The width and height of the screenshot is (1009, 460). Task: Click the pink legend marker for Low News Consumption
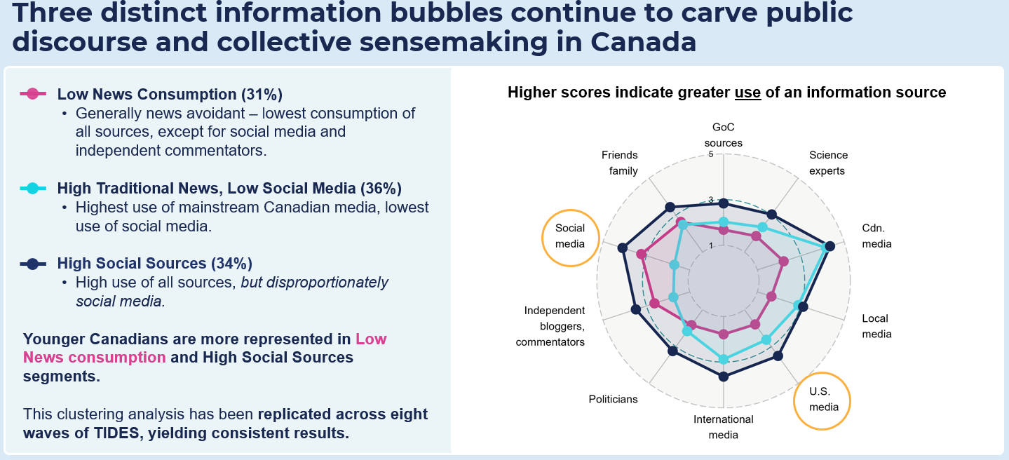tap(32, 93)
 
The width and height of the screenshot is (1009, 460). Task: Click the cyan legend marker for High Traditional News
tap(32, 188)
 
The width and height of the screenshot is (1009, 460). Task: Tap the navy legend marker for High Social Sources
tap(32, 264)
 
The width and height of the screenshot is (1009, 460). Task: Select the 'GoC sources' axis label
tap(723, 135)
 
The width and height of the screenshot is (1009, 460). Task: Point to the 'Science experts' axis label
tap(828, 163)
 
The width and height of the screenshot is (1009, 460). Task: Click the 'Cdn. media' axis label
tap(876, 236)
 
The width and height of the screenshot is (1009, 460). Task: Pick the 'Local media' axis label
tap(876, 326)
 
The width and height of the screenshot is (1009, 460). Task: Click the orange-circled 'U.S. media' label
tap(821, 400)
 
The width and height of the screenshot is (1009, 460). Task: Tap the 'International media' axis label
tap(723, 427)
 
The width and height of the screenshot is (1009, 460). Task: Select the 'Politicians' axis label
tap(613, 399)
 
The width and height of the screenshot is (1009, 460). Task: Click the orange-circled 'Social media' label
tap(570, 236)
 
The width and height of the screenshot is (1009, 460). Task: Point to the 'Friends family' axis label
tap(619, 163)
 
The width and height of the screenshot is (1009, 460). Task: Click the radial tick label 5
tap(712, 154)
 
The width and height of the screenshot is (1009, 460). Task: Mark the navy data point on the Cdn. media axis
tap(829, 246)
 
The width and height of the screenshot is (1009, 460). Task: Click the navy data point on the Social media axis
tap(622, 248)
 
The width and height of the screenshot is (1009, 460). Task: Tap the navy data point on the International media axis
tap(724, 377)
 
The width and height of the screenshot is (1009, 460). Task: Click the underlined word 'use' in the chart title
tap(747, 93)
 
